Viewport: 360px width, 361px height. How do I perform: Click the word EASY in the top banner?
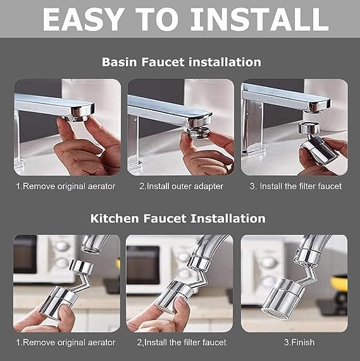82,20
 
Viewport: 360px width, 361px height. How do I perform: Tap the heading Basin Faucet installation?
181,62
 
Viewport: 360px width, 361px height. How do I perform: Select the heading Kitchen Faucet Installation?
178,218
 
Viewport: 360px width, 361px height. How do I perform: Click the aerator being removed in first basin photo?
82,112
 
